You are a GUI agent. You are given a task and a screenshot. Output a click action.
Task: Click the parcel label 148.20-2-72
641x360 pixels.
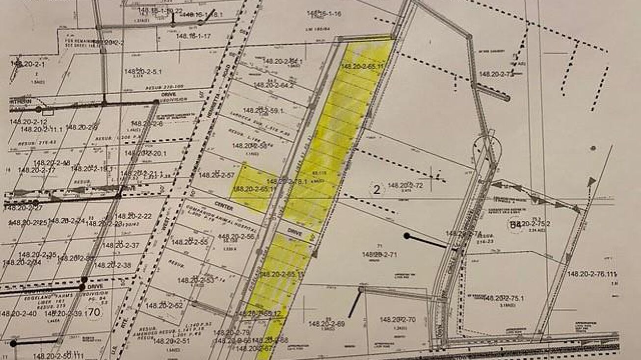(x=405, y=185)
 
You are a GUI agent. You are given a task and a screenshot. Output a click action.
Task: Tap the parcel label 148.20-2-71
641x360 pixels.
(x=379, y=254)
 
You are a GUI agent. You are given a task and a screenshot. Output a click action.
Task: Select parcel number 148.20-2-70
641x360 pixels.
(x=397, y=320)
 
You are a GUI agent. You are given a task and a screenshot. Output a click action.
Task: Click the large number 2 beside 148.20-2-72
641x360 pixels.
(x=376, y=190)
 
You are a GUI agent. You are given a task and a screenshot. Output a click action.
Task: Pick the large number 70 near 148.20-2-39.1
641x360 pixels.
(x=95, y=312)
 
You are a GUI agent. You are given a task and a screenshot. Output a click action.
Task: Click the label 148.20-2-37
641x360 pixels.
(x=122, y=245)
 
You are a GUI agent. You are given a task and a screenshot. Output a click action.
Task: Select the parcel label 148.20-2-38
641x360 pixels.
(x=113, y=265)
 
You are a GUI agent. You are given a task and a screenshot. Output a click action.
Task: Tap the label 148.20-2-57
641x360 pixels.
(x=217, y=175)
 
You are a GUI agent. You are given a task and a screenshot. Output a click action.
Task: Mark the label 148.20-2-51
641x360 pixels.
(x=172, y=341)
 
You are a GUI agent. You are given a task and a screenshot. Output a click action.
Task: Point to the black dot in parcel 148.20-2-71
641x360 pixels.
(x=406, y=236)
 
